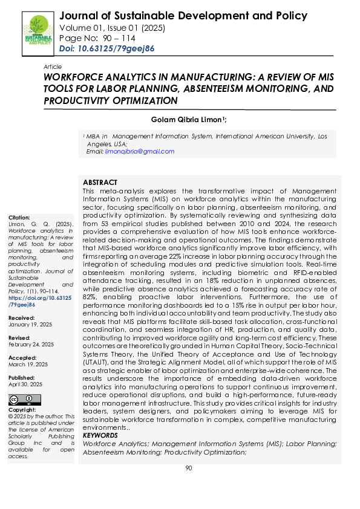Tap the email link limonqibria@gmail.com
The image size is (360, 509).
tap(139, 152)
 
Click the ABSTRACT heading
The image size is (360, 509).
tap(100, 182)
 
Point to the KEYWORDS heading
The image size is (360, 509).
tap(100, 435)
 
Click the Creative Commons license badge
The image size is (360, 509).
tap(25, 400)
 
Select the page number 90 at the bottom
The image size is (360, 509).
tap(188, 468)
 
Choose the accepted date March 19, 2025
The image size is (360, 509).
tap(27, 365)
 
